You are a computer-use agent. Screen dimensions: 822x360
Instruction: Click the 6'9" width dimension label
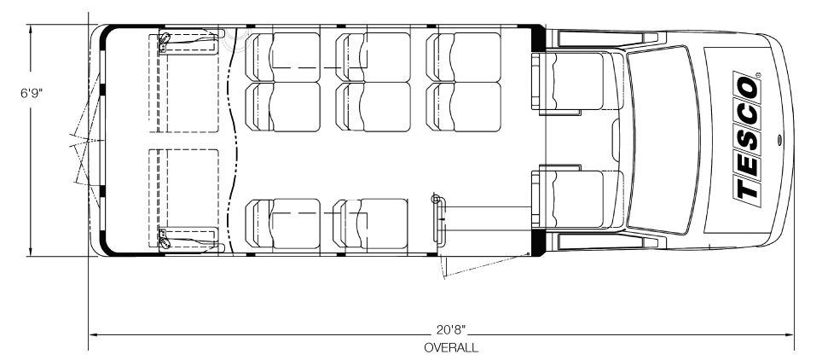[x=32, y=93]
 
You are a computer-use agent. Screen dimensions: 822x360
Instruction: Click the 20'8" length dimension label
[x=451, y=329]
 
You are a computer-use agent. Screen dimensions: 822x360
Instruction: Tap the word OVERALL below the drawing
[x=451, y=347]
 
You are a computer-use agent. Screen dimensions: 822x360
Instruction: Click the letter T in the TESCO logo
[x=748, y=189]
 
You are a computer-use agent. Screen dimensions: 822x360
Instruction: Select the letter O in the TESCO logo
[x=748, y=89]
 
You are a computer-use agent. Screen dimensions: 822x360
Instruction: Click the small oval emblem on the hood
[x=779, y=139]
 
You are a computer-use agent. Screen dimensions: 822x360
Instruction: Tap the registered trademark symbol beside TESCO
[x=759, y=75]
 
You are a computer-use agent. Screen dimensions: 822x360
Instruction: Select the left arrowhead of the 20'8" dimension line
[x=93, y=334]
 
